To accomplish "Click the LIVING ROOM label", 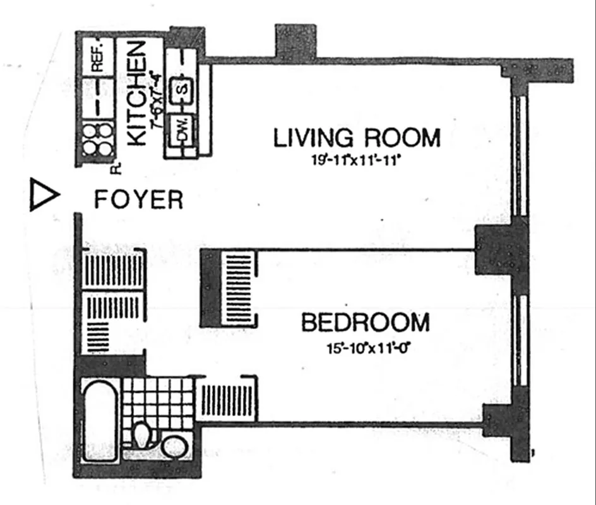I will point(356,138).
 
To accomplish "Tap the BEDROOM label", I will point(365,323).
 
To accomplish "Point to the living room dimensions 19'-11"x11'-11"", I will point(356,160).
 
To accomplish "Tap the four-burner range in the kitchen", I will point(98,138).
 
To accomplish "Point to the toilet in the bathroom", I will point(143,435).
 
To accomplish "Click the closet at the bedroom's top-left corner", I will point(230,287).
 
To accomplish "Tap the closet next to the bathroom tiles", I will point(226,398).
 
